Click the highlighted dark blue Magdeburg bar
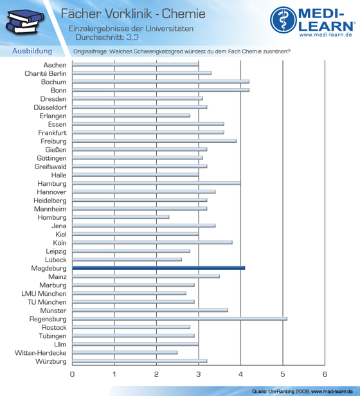point(158,268)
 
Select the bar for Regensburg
point(179,319)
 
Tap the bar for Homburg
point(121,217)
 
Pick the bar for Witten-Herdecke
point(125,352)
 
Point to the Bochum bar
point(161,82)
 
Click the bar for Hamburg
point(156,183)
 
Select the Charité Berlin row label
point(46,73)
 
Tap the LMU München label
point(44,294)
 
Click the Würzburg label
point(51,361)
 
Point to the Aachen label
point(55,65)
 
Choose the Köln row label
point(60,243)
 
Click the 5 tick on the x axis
point(283,374)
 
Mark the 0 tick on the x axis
point(72,374)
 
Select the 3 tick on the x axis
point(199,374)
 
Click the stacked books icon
point(25,22)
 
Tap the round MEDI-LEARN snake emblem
point(283,20)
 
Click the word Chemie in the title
point(184,14)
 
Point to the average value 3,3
point(132,37)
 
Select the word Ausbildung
point(32,51)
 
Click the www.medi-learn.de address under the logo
point(326,35)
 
